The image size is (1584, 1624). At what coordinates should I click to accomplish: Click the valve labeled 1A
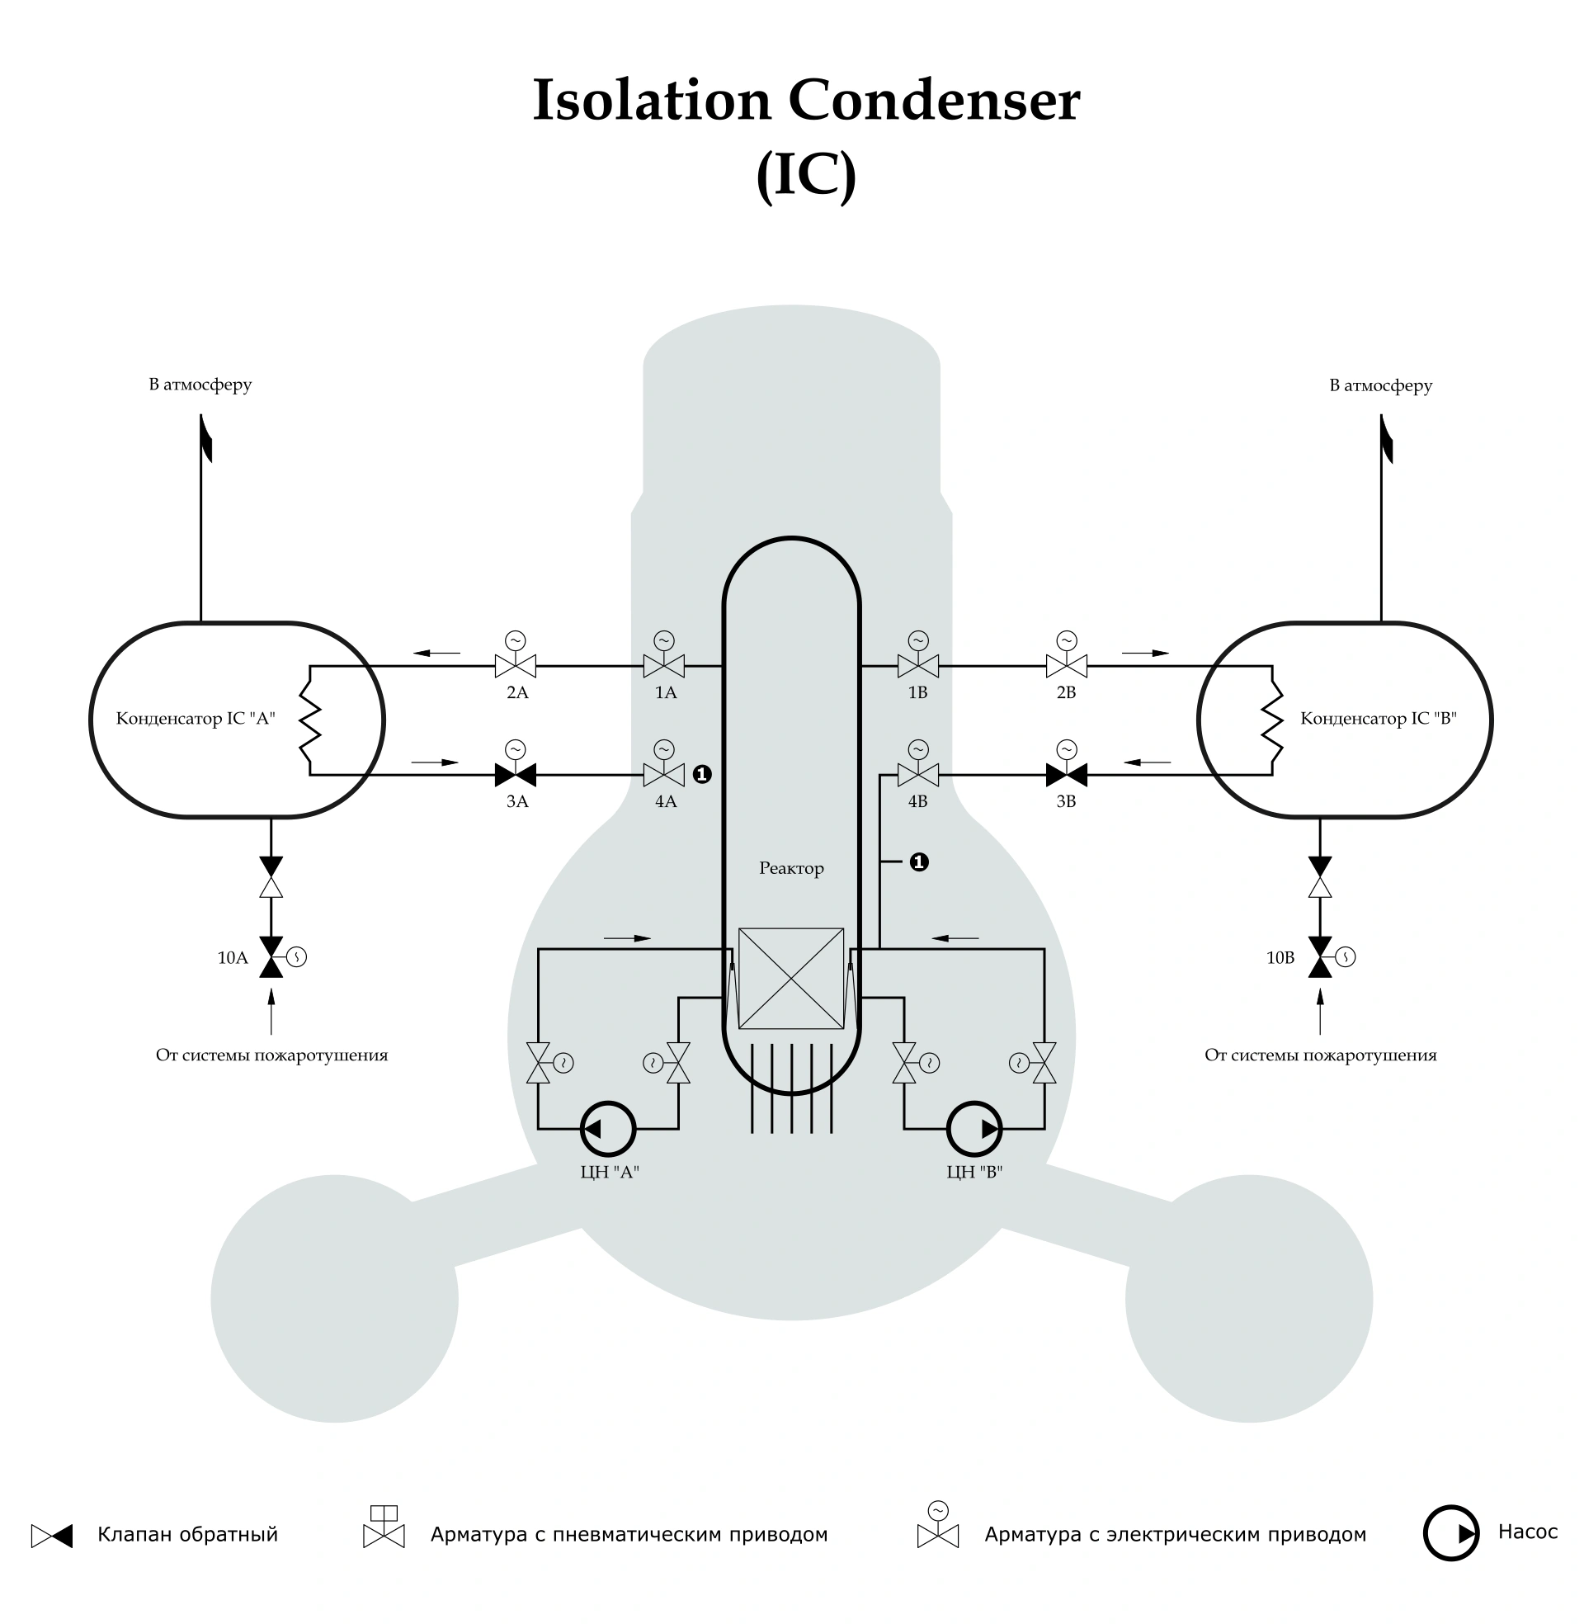click(x=664, y=665)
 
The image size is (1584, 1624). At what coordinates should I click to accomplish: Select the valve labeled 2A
click(x=515, y=665)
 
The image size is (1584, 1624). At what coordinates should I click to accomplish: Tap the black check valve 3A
click(x=515, y=775)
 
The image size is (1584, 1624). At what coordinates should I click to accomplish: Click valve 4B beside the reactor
click(x=917, y=775)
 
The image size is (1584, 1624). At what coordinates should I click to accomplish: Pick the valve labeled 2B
click(x=1067, y=665)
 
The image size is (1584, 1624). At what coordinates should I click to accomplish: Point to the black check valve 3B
click(x=1067, y=775)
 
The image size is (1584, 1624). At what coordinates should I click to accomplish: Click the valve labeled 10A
click(x=271, y=956)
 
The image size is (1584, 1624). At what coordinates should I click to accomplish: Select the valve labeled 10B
click(x=1320, y=956)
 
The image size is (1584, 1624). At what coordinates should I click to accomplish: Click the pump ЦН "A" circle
click(x=608, y=1129)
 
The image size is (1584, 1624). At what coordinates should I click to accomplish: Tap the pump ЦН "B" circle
click(x=974, y=1129)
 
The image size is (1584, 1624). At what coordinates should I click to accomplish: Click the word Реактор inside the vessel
click(x=791, y=869)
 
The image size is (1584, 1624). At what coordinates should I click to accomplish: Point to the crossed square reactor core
click(x=791, y=979)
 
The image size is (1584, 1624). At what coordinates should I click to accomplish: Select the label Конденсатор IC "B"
click(x=1379, y=718)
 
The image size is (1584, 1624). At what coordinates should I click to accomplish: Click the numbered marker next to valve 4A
click(x=702, y=775)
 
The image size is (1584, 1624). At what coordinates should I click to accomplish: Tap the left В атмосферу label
click(x=200, y=385)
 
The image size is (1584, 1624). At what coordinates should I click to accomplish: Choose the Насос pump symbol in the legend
click(x=1451, y=1532)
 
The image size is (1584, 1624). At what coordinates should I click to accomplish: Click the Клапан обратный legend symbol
click(x=52, y=1536)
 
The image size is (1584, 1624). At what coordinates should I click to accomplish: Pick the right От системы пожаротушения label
click(x=1320, y=1055)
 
